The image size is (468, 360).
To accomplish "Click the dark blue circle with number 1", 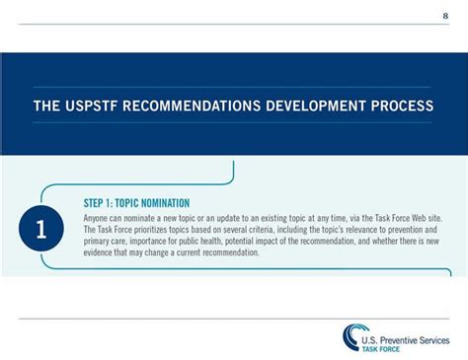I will coord(40,230).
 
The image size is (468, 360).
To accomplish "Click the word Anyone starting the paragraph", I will coord(98,217).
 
